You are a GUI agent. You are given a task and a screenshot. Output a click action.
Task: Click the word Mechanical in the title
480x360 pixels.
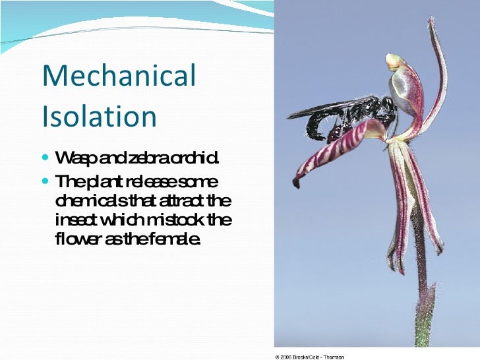pyautogui.click(x=119, y=76)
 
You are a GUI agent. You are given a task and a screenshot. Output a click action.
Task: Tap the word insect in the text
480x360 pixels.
pyautogui.click(x=75, y=219)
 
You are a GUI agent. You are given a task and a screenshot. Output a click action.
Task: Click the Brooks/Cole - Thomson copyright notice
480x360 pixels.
pyautogui.click(x=309, y=357)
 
